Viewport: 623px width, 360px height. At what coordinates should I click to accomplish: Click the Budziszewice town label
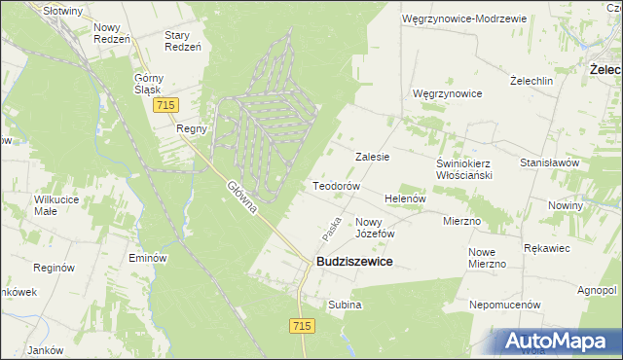[x=353, y=263]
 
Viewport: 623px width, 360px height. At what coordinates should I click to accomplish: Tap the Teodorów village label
[x=336, y=186]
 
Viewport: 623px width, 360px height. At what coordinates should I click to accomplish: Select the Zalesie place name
[x=373, y=157]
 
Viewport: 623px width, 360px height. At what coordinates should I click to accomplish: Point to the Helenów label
[x=406, y=198]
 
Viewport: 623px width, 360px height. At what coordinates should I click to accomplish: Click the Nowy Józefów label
[x=374, y=228]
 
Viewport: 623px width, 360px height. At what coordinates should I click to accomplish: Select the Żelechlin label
[x=531, y=81]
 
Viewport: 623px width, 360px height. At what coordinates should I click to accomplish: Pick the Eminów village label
[x=149, y=259]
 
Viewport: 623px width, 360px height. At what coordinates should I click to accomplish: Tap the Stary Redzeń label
[x=182, y=42]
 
